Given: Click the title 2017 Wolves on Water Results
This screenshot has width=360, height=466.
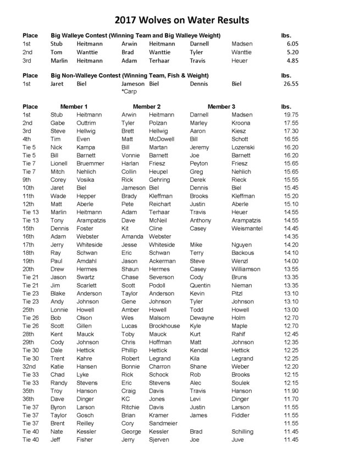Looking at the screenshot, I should click(x=181, y=20).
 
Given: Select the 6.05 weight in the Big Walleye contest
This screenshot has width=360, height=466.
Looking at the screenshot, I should click(x=291, y=44).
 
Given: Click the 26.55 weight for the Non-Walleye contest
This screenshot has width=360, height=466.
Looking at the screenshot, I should click(x=290, y=84).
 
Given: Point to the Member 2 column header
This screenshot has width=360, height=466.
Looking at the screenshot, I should click(x=147, y=106).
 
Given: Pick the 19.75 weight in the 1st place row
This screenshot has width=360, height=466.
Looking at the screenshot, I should click(x=290, y=114).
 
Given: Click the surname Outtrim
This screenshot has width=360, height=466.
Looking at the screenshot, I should click(x=88, y=123).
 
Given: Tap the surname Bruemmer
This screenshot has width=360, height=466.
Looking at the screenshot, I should click(x=91, y=163).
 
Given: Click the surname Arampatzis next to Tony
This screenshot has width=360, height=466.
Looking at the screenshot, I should click(x=94, y=220).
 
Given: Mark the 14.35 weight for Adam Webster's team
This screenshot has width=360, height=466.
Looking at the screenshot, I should click(x=290, y=236).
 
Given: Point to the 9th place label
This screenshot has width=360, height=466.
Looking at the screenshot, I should click(x=27, y=180).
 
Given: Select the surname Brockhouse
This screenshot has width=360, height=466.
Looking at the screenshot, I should click(x=164, y=326).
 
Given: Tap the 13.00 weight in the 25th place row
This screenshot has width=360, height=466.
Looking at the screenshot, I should click(x=290, y=310).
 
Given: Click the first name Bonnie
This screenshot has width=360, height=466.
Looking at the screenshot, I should click(x=130, y=367).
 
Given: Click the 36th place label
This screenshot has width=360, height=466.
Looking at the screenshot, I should click(x=28, y=399).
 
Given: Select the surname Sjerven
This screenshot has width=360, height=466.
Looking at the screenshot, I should click(x=160, y=440).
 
